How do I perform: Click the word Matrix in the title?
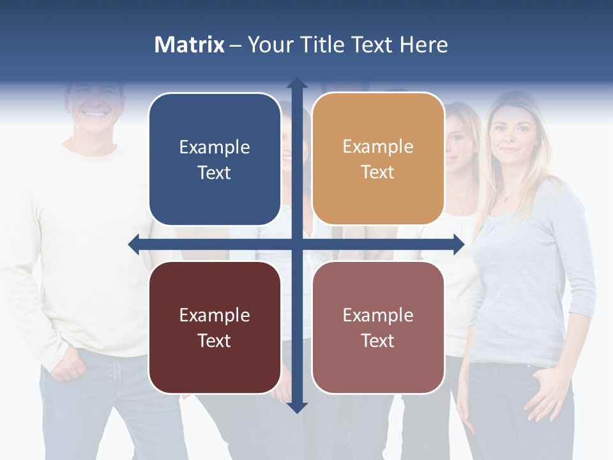point(190,45)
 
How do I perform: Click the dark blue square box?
point(215,159)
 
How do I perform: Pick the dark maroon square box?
point(215,327)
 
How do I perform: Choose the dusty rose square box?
point(378,327)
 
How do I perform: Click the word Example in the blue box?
point(215,147)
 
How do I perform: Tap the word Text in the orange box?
point(378,172)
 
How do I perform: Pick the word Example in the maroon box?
point(215,315)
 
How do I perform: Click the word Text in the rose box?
point(378,341)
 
